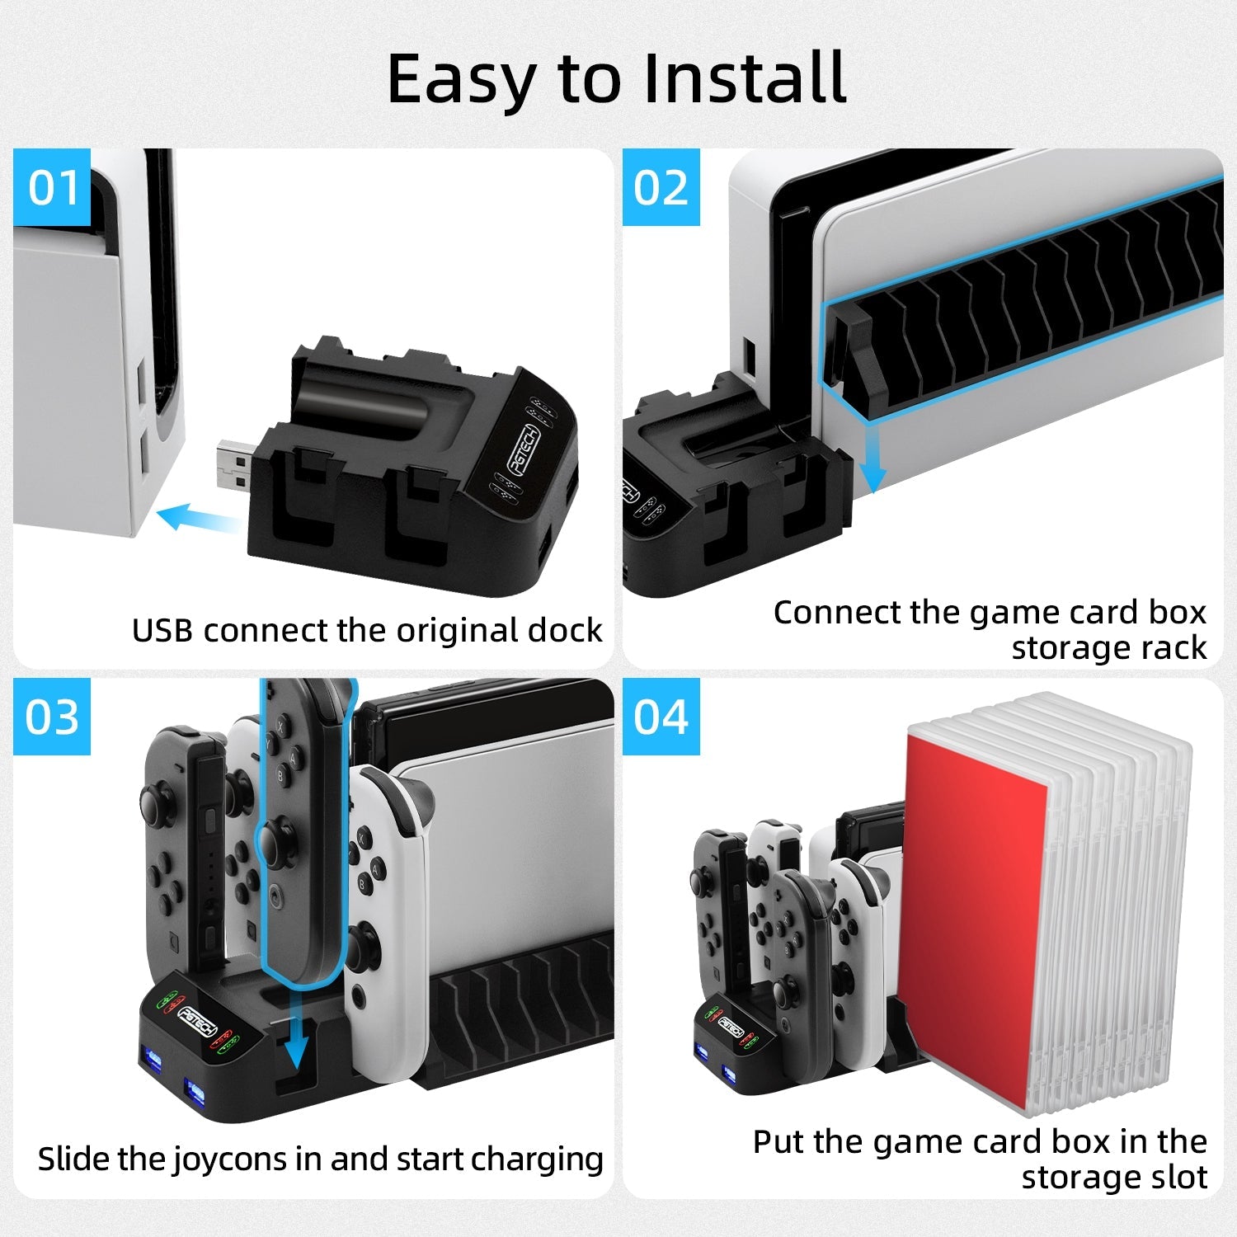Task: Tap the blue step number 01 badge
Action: click(52, 187)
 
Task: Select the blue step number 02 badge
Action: click(661, 187)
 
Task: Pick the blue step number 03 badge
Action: click(52, 717)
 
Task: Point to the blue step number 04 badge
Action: click(661, 717)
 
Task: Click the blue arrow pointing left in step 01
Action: click(198, 518)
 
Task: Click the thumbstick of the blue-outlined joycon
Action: click(275, 840)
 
